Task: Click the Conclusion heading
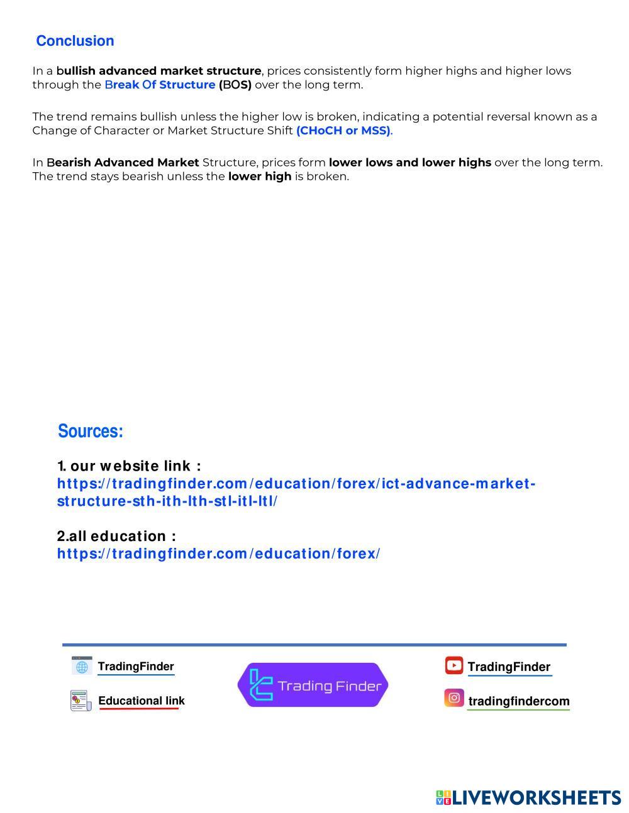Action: click(75, 41)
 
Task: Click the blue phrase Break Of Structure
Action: click(160, 85)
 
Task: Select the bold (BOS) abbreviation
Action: click(235, 85)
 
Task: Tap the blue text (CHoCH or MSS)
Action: click(343, 131)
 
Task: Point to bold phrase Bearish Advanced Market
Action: click(123, 162)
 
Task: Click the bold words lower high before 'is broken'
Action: click(259, 177)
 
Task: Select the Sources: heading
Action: click(91, 431)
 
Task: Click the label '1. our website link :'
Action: click(129, 466)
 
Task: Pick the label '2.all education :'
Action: click(116, 536)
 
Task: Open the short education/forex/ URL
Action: click(218, 554)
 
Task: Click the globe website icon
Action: click(82, 666)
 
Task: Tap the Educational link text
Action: click(142, 701)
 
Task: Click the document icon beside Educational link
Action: click(81, 701)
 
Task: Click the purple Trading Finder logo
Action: click(313, 685)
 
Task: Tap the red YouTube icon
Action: click(454, 665)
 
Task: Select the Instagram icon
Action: click(454, 698)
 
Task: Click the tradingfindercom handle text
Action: click(519, 701)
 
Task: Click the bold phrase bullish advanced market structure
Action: click(159, 71)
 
